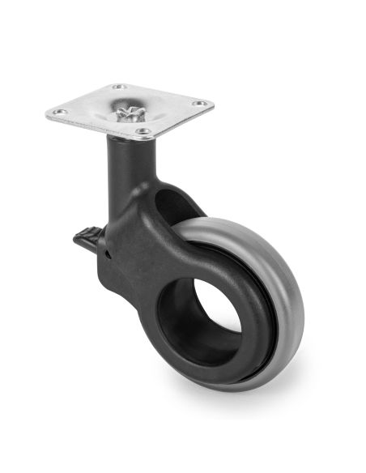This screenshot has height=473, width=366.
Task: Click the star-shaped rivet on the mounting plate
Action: pyautogui.click(x=128, y=113)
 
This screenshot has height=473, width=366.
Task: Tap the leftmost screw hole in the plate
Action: pyautogui.click(x=58, y=113)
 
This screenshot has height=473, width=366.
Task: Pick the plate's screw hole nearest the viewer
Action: pyautogui.click(x=144, y=130)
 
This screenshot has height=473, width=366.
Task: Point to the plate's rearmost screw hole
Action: pyautogui.click(x=118, y=87)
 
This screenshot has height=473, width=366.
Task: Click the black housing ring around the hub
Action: pyautogui.click(x=243, y=340)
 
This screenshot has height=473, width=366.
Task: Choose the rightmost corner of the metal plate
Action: pyautogui.click(x=213, y=103)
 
